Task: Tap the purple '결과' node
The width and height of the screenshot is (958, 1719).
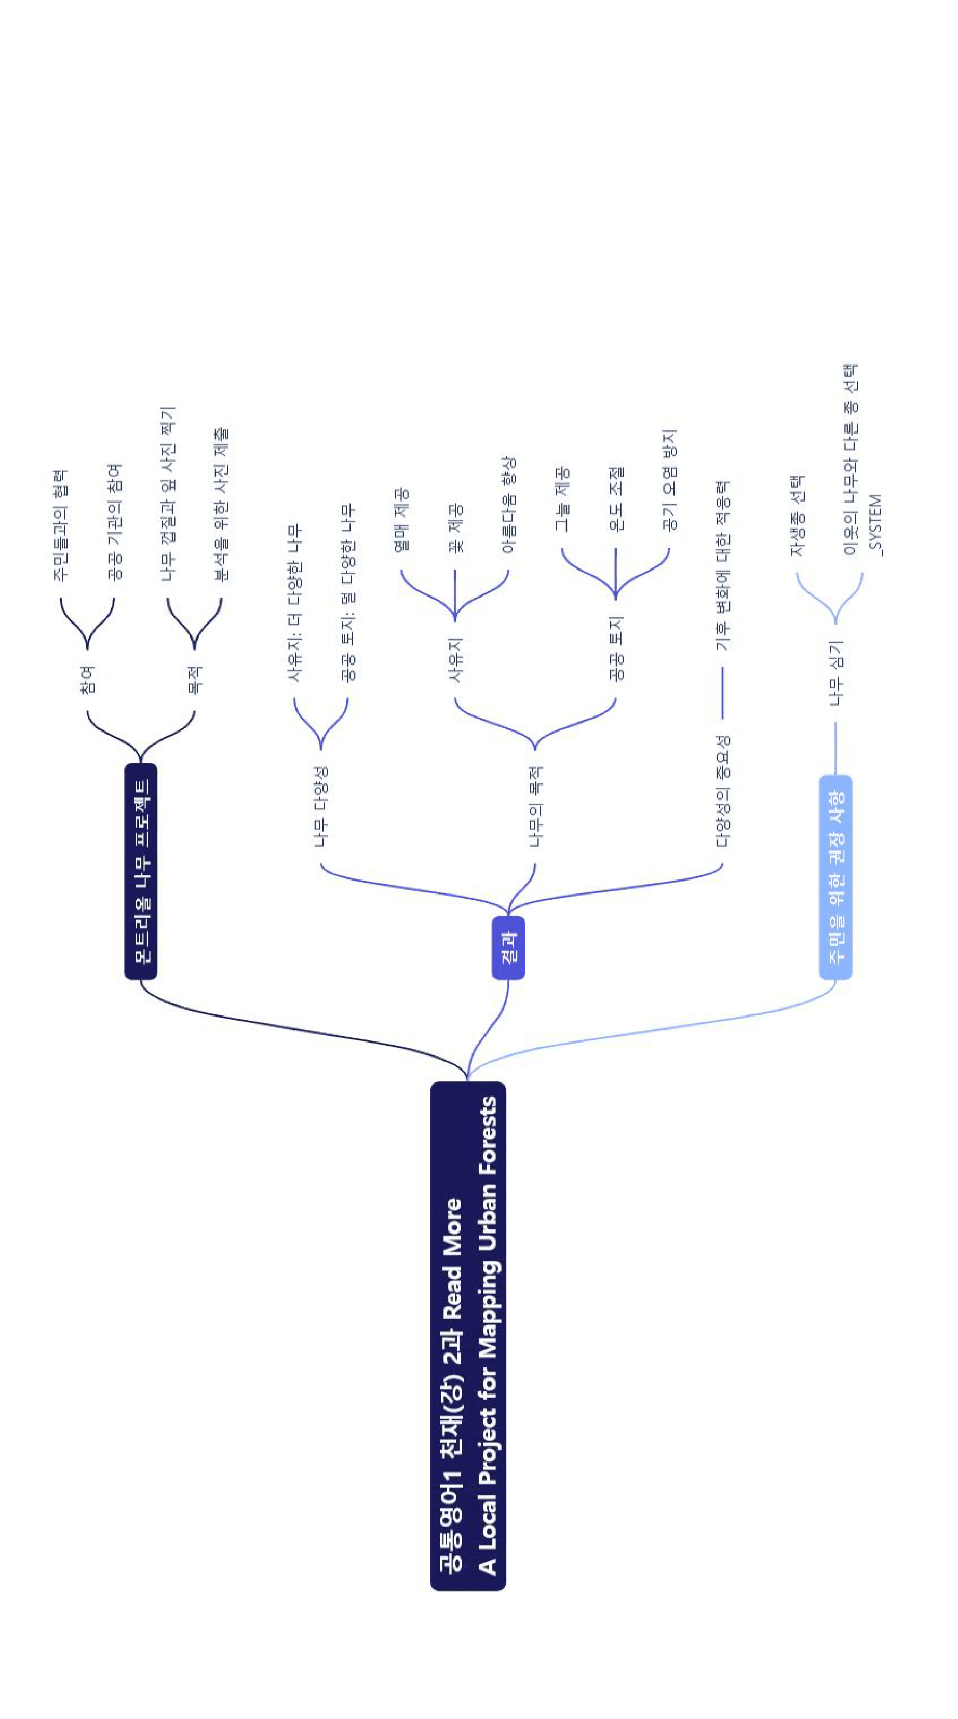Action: click(x=508, y=948)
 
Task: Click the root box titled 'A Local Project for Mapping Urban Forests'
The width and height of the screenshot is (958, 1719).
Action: click(x=467, y=1336)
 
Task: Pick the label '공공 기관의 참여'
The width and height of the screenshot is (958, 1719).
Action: click(x=114, y=521)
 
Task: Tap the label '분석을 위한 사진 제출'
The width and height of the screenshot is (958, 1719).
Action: click(x=221, y=504)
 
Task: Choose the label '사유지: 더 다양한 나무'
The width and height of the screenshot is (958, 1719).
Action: click(x=294, y=602)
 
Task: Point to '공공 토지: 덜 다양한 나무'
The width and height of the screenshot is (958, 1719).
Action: click(x=347, y=593)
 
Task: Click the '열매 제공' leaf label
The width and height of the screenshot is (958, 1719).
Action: click(x=400, y=520)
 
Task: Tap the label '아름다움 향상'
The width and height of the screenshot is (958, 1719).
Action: click(x=508, y=505)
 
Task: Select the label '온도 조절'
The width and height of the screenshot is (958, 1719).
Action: click(x=615, y=499)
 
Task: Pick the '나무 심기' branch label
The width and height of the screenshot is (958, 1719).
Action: click(x=835, y=672)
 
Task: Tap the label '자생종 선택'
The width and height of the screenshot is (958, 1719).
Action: click(x=797, y=516)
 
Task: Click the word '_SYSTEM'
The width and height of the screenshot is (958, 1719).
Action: click(x=875, y=525)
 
